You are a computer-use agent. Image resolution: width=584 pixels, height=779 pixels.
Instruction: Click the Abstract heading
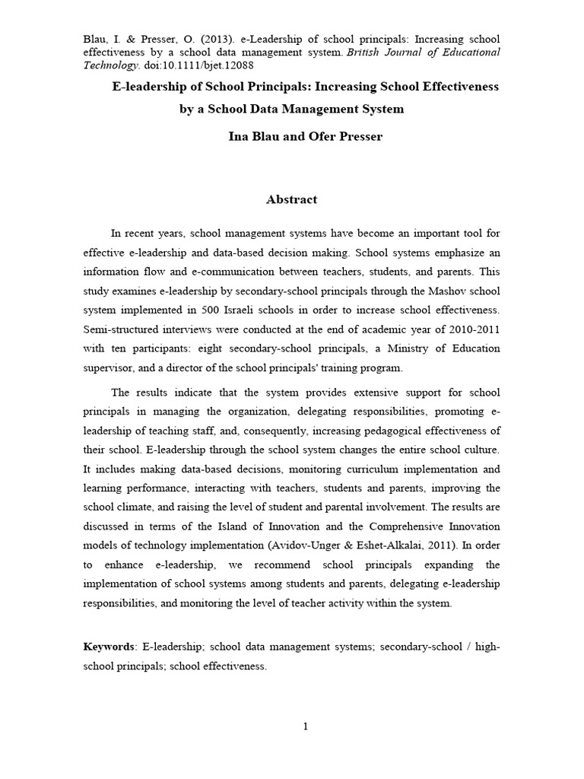point(291,200)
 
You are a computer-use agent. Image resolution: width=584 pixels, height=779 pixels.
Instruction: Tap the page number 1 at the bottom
point(306,727)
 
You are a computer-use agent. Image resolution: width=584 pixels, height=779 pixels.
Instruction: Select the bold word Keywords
point(109,646)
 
